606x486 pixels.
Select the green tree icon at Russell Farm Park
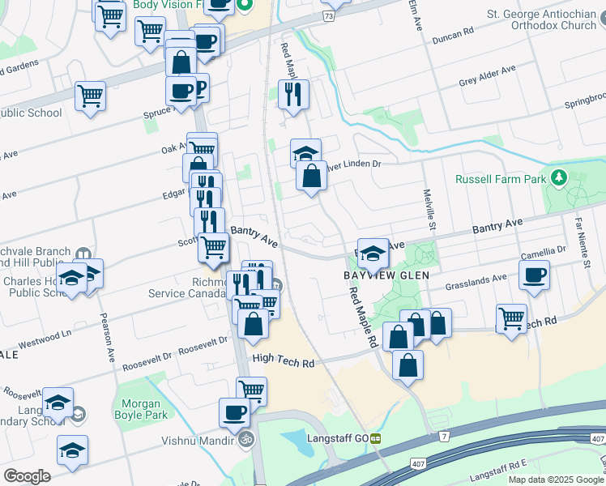click(x=557, y=177)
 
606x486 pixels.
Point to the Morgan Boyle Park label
click(x=138, y=410)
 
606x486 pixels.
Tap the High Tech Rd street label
click(x=283, y=363)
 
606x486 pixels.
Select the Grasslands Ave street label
click(x=476, y=281)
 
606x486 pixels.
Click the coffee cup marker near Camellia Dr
click(x=534, y=275)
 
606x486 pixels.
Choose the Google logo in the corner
click(x=27, y=476)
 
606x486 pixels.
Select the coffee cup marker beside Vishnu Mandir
click(x=234, y=412)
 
